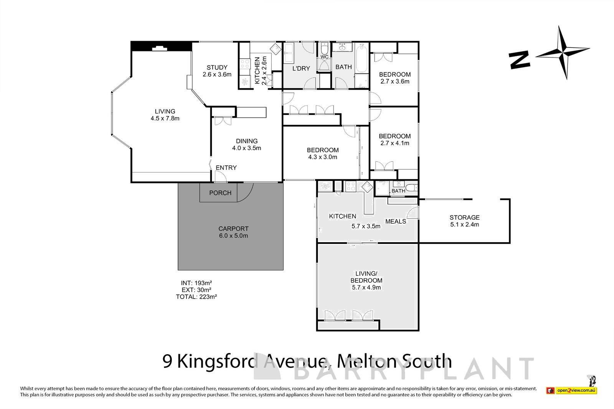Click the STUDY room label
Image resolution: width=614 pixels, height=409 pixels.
tap(217, 67)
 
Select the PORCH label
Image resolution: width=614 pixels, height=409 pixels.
tap(220, 193)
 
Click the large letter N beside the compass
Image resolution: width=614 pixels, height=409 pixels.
tap(520, 60)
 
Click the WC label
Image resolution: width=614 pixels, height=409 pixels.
tap(324, 57)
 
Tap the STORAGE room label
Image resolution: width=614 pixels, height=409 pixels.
tap(464, 217)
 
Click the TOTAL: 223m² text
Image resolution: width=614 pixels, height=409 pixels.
tap(196, 296)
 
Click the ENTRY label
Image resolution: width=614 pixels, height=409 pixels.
tap(226, 168)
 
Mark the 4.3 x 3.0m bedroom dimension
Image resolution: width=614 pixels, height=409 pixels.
tap(322, 157)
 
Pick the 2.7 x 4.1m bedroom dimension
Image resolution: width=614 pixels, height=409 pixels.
tap(394, 143)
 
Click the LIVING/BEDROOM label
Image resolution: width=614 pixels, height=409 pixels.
tap(366, 277)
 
